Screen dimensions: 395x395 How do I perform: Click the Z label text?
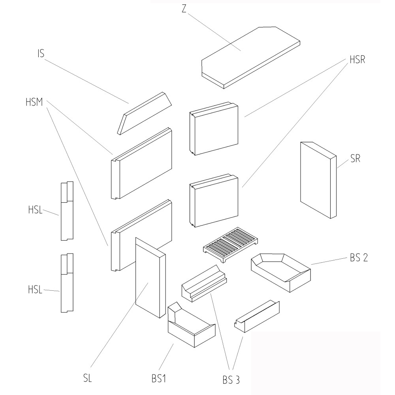[184, 9]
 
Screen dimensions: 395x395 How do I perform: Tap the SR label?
[355, 160]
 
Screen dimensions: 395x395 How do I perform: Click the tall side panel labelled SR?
[316, 180]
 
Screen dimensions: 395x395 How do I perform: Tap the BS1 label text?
[158, 379]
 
